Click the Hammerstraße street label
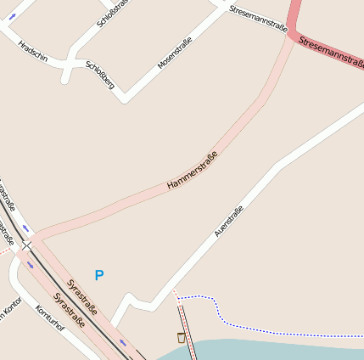[193, 169]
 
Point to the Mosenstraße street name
[175, 53]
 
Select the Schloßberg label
[100, 76]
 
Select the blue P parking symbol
[99, 275]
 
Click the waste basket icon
[181, 338]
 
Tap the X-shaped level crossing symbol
[26, 245]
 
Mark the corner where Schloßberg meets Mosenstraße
[126, 98]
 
